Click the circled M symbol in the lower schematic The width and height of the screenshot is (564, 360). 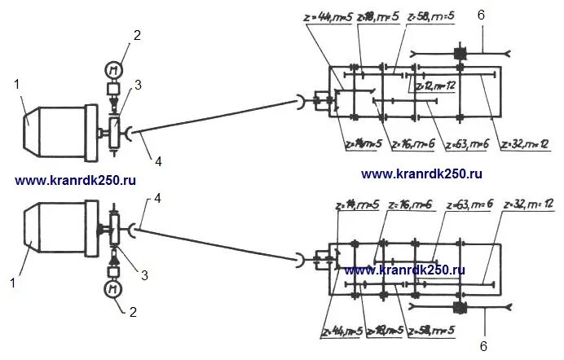click(x=109, y=288)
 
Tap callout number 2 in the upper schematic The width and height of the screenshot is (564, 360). click(x=137, y=35)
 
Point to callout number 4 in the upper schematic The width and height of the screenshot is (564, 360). click(x=158, y=161)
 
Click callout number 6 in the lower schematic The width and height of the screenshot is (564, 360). click(x=482, y=346)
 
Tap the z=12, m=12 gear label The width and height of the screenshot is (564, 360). click(x=434, y=84)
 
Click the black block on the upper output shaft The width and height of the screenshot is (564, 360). click(x=459, y=54)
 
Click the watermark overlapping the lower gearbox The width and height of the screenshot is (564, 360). click(x=404, y=269)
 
